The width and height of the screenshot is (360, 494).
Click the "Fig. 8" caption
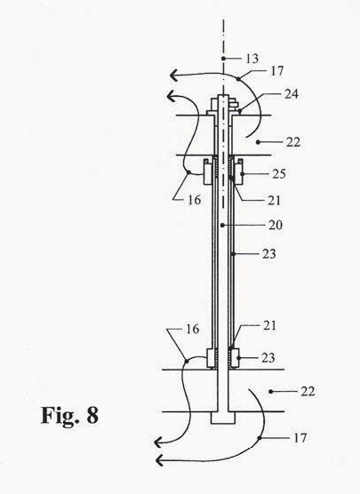tap(69, 416)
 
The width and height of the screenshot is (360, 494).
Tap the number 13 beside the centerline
tap(252, 59)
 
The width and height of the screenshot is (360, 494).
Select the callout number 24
tap(292, 94)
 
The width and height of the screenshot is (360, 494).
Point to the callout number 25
tap(279, 174)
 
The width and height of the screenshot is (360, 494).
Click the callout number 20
tap(276, 225)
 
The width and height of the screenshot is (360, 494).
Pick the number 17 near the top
tap(277, 71)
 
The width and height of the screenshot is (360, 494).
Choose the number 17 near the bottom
tap(300, 438)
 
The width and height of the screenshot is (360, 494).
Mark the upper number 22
tap(293, 142)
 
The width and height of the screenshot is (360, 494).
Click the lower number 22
tap(308, 392)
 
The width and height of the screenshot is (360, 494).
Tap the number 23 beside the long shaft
tap(269, 253)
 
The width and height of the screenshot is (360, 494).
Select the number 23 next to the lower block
tap(268, 357)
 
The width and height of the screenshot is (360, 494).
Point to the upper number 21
tap(274, 201)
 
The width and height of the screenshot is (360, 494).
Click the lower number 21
tap(269, 325)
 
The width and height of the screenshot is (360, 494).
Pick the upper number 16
tap(194, 200)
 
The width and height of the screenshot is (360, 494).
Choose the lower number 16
tap(193, 329)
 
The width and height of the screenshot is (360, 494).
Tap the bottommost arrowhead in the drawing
tap(159, 460)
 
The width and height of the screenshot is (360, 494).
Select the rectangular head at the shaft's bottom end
tap(223, 418)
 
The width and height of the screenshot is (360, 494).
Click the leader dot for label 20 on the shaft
tap(222, 225)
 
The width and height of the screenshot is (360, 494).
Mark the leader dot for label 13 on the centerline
tap(223, 59)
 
